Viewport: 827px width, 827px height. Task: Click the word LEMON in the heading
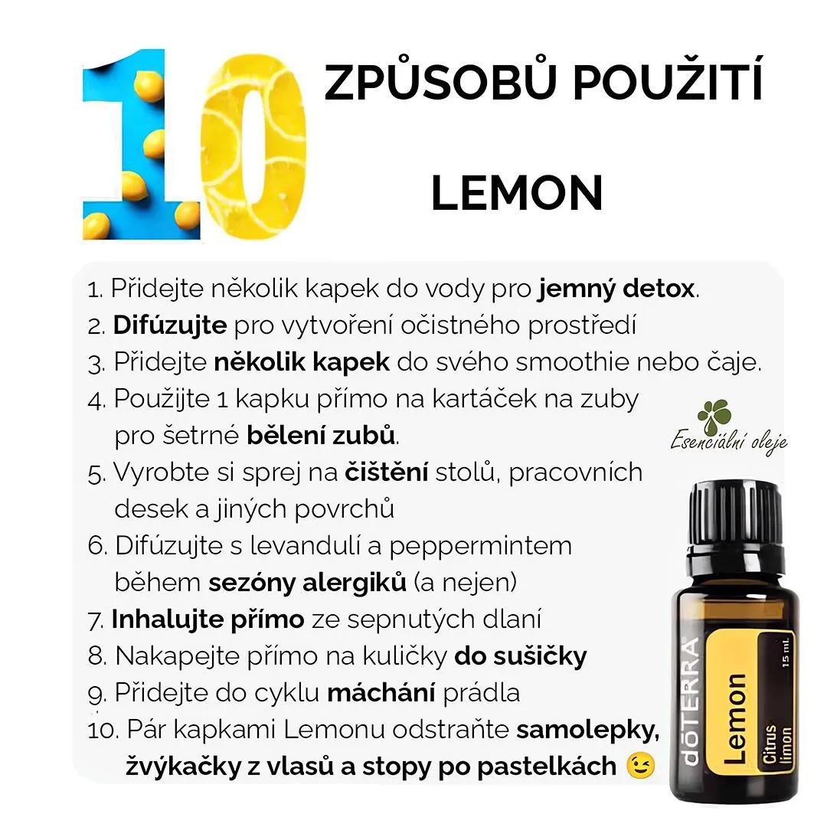[x=517, y=193]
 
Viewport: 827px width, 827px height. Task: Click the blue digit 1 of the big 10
[x=140, y=145]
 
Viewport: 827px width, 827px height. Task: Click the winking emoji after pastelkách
[x=640, y=766]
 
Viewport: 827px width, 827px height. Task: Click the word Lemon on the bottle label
[x=735, y=718]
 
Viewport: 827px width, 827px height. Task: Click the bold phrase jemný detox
[x=616, y=289]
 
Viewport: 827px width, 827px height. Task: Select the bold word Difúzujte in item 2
[x=170, y=325]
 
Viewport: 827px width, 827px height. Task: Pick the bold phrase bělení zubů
[x=321, y=435]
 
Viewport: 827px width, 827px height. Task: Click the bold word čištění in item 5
[x=386, y=472]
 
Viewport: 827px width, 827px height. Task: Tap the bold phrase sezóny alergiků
[x=308, y=583]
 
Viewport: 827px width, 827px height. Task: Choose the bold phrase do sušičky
[x=521, y=656]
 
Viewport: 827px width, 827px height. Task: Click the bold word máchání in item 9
[x=381, y=693]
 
